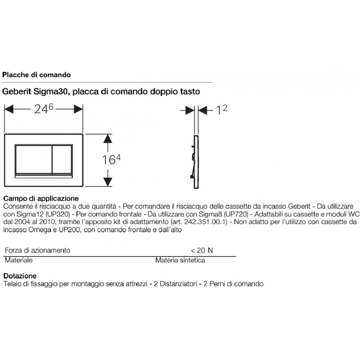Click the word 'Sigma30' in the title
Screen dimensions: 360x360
[51, 91]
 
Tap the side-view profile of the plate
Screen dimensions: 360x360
[194, 160]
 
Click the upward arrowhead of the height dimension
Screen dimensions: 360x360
[107, 140]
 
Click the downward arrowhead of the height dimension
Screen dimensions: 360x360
[107, 181]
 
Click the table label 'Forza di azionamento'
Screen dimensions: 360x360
[37, 250]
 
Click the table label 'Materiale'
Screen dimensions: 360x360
[18, 260]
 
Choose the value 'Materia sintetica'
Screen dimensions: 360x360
[180, 260]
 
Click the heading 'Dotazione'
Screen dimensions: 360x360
[20, 275]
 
